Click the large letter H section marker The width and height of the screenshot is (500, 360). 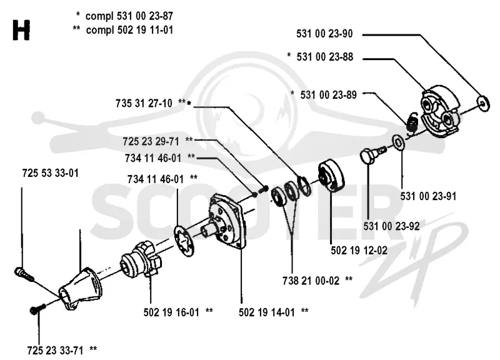21,30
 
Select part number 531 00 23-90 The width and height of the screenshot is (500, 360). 324,34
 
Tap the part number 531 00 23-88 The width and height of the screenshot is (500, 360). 324,57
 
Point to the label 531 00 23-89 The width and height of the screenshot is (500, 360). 328,95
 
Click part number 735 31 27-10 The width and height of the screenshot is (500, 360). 144,103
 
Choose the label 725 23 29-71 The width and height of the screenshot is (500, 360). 151,141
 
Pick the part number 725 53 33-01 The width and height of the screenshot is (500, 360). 51,173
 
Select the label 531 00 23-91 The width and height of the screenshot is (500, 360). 428,196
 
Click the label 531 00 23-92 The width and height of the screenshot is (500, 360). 392,226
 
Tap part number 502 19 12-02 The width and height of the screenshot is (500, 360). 359,250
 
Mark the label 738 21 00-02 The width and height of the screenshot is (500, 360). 311,281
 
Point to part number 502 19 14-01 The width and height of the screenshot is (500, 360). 267,312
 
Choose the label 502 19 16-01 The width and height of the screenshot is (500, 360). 171,312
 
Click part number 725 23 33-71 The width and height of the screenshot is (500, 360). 55,351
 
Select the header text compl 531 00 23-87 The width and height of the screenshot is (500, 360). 129,16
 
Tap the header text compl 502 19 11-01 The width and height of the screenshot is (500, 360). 129,30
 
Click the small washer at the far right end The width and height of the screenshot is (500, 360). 483,103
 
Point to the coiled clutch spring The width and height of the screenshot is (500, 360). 412,122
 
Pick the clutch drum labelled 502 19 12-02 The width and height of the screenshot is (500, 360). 331,177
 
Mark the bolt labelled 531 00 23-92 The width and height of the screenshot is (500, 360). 372,154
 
